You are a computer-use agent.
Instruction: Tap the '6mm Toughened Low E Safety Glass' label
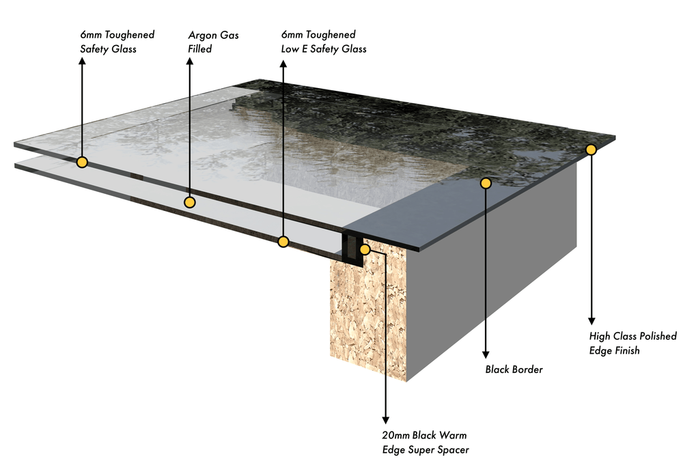(324, 41)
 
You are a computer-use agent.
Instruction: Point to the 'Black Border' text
(514, 369)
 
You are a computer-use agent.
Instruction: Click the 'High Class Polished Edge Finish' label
(632, 343)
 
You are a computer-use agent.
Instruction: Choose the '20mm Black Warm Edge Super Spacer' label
(424, 442)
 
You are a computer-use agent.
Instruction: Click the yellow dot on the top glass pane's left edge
(82, 162)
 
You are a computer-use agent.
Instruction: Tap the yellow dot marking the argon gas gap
(190, 202)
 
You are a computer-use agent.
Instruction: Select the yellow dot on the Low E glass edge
(283, 241)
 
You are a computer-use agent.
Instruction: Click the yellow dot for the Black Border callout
(486, 183)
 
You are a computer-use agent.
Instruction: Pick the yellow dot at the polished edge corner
(591, 149)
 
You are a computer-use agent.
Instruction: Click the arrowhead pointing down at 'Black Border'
(486, 353)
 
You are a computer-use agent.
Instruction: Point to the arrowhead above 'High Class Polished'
(591, 321)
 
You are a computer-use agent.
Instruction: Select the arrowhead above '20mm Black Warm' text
(386, 419)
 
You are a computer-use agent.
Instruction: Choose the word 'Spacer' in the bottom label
(453, 449)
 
